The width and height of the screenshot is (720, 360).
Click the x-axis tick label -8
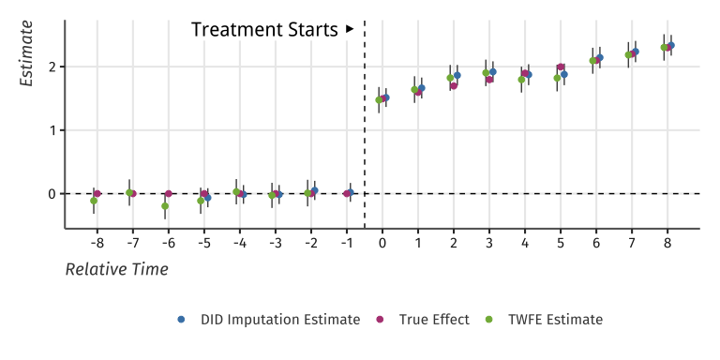click(97, 243)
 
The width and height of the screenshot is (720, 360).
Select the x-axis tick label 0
click(382, 243)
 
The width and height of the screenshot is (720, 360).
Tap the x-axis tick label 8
click(667, 243)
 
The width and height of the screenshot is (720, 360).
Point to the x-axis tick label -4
click(239, 243)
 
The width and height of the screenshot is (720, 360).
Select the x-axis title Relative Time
click(116, 270)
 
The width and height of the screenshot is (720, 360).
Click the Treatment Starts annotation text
click(264, 30)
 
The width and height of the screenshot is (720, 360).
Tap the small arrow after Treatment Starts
click(350, 29)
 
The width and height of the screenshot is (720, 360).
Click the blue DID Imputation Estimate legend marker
click(182, 320)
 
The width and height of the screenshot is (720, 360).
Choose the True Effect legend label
click(434, 320)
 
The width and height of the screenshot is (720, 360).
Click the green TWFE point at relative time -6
click(165, 206)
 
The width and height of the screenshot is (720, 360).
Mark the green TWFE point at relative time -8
click(94, 201)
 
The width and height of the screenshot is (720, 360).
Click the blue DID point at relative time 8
click(671, 45)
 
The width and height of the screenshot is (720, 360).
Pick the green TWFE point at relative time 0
click(379, 99)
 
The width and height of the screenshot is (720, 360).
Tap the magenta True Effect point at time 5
click(561, 67)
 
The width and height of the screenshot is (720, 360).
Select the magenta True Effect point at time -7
click(133, 193)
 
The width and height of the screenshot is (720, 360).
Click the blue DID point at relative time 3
click(493, 72)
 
